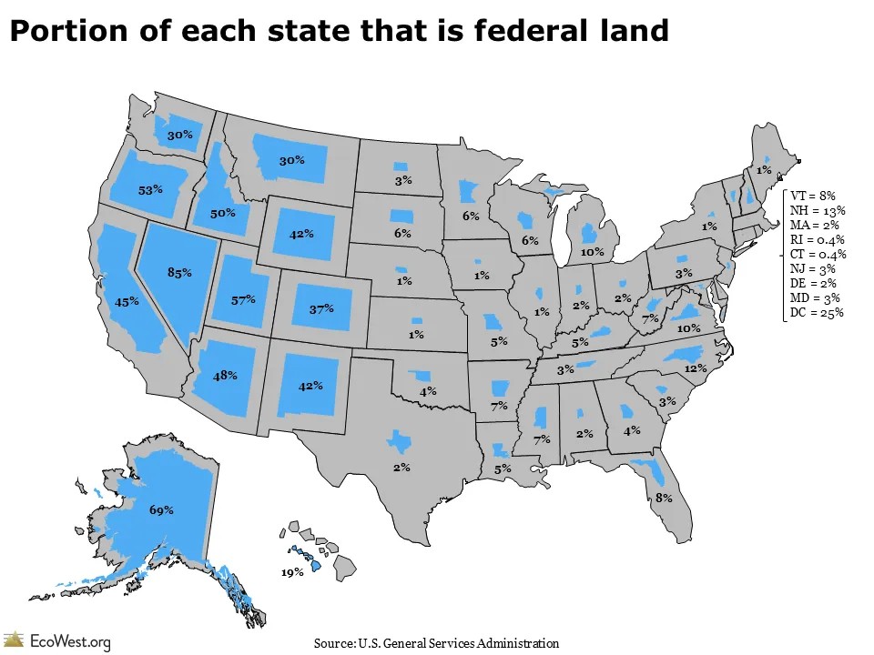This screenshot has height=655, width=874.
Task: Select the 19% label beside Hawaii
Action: [x=293, y=573]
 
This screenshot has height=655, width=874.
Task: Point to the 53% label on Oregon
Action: [x=151, y=190]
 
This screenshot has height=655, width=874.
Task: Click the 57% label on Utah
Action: [x=243, y=299]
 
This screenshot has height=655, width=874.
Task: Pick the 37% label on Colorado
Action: [x=320, y=309]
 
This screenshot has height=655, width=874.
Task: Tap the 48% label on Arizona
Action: [x=225, y=375]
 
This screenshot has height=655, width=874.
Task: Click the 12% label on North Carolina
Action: [x=696, y=368]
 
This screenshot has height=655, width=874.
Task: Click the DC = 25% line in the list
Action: [x=817, y=313]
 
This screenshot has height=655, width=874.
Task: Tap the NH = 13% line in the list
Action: [x=818, y=210]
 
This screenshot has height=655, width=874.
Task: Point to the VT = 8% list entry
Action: [x=813, y=196]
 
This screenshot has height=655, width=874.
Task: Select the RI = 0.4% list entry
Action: [x=818, y=239]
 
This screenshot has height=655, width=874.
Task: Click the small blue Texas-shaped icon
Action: [x=398, y=440]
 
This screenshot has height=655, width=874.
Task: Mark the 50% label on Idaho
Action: [x=223, y=213]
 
